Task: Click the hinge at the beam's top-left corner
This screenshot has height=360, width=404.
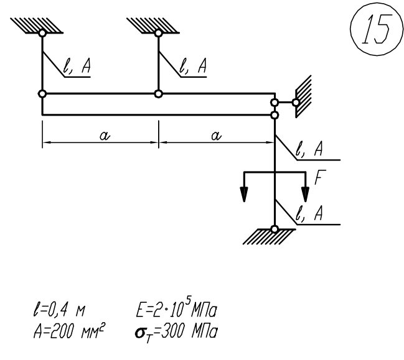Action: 42,94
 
